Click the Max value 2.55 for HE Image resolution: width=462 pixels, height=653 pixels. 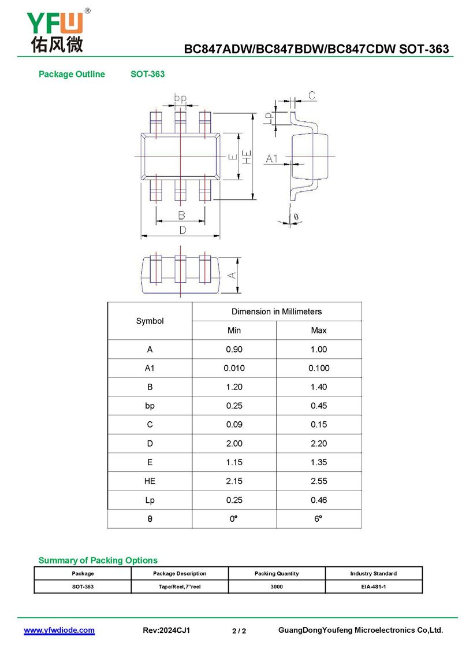point(319,481)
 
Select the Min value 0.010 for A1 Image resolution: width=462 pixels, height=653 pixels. point(234,368)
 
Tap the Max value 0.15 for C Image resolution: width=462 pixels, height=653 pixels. point(319,424)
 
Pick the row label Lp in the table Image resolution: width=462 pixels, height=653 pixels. point(150,500)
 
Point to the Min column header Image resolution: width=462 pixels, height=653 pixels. point(234,330)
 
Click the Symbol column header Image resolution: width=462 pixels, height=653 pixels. point(150,321)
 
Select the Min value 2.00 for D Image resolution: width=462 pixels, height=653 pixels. point(234,443)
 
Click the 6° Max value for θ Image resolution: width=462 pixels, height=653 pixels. point(319,519)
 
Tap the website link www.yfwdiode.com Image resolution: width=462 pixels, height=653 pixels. point(59,630)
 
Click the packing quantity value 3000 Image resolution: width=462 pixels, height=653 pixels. point(277,586)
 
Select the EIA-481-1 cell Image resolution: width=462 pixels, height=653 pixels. point(374,586)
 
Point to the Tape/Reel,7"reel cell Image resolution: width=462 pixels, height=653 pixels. point(180,586)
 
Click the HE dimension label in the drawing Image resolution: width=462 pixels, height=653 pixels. point(247,157)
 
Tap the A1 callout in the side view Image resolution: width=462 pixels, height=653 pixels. point(272,158)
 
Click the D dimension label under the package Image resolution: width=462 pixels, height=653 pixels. point(182,230)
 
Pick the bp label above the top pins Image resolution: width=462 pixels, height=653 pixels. point(181,99)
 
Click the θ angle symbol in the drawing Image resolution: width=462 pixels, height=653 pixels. point(296,217)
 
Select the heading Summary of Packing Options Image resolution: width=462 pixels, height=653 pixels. point(98,560)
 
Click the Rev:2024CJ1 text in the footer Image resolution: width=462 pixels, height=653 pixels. point(166,630)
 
